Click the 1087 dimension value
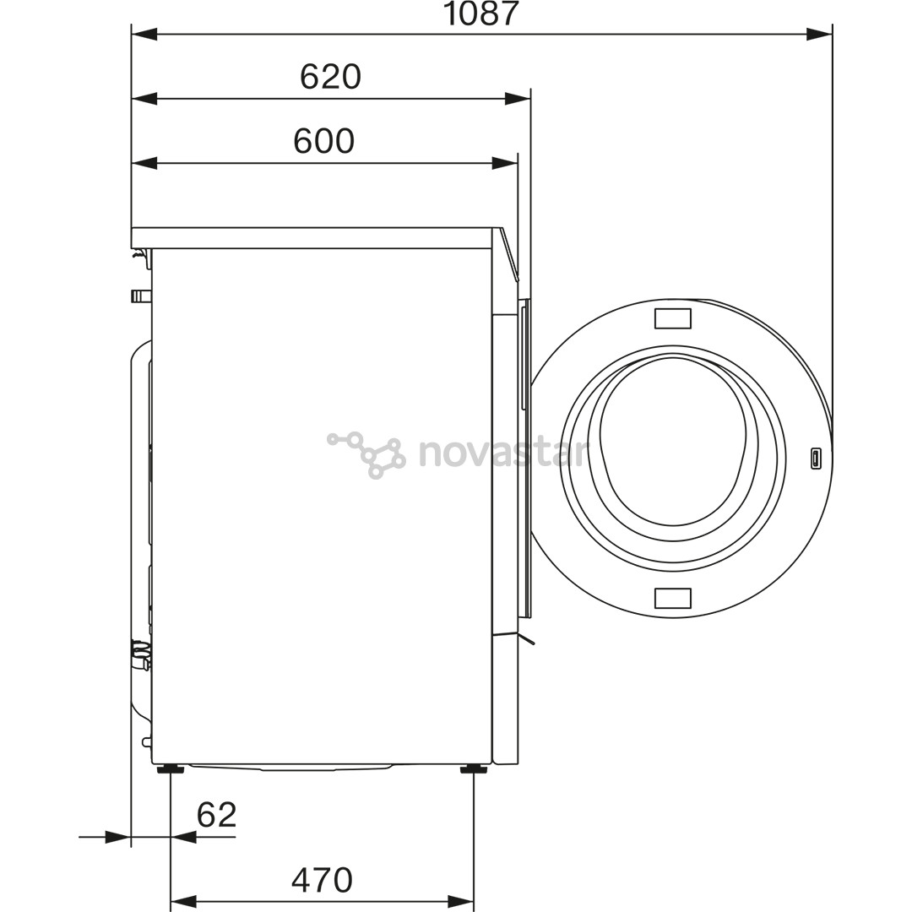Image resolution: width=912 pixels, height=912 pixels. (480, 14)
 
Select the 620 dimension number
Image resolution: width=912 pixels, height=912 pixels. (330, 78)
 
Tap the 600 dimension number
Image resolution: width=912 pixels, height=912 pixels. (323, 142)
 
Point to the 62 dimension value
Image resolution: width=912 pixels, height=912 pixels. (216, 815)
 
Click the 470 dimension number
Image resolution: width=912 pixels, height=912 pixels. (322, 881)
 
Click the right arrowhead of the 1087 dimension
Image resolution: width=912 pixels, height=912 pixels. (818, 35)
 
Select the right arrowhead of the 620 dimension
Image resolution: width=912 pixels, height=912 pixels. (518, 99)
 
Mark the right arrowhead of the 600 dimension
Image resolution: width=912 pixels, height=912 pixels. (504, 163)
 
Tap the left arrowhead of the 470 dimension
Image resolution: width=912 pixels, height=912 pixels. (183, 902)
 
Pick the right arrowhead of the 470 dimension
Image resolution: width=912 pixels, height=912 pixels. (461, 902)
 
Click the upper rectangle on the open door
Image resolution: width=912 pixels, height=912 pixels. (672, 318)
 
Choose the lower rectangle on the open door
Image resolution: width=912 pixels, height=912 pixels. (672, 598)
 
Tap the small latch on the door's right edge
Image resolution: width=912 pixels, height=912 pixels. (816, 459)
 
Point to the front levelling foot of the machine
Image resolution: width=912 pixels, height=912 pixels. (473, 768)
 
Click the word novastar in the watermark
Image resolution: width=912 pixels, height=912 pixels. (502, 453)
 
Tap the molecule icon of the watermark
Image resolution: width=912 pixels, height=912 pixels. (367, 454)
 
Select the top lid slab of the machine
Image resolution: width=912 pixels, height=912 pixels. (312, 237)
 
